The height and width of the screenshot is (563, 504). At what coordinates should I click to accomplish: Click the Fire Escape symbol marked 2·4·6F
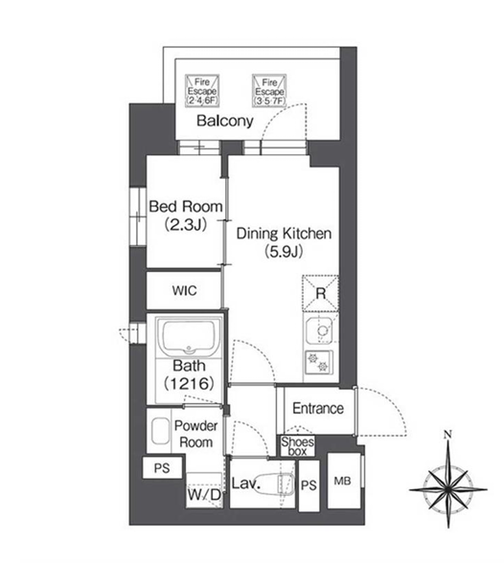pos(202,90)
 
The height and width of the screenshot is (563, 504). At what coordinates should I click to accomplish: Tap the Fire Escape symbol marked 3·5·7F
pos(269,90)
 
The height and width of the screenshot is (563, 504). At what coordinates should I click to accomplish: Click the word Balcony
pos(225,121)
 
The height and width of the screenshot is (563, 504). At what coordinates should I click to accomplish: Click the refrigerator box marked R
pos(320,293)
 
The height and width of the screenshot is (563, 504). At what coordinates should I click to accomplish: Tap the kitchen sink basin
pos(319,330)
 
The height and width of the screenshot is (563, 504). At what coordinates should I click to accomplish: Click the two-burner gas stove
pos(319,362)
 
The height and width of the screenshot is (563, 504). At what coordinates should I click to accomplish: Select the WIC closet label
pos(184,290)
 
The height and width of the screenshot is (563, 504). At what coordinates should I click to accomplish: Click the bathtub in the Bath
pos(190,336)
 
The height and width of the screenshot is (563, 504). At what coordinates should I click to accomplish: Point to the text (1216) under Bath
pos(189,383)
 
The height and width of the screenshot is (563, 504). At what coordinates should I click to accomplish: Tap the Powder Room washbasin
pos(161,431)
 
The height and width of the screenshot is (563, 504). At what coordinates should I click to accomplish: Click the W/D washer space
pos(204,490)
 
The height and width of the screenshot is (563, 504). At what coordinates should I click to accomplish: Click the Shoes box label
pos(297,446)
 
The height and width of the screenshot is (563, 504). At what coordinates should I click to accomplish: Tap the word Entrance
pos(318,408)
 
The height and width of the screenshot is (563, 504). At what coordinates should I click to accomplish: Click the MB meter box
pos(344,481)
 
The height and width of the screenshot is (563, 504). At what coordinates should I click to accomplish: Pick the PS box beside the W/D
pos(162,467)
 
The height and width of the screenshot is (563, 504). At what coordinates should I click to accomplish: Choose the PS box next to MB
pos(309,485)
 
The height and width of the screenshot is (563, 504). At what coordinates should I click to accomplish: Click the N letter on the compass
pos(447,435)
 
